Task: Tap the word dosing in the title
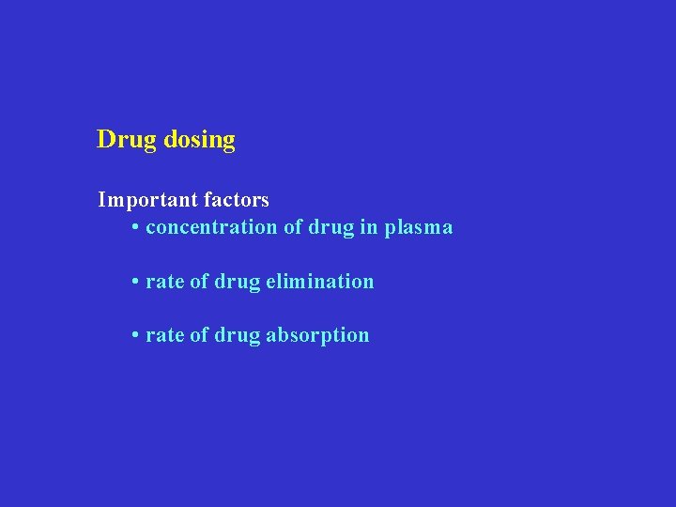coord(199,141)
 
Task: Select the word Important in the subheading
coord(144,200)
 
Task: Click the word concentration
coord(211,227)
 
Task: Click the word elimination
coord(319,282)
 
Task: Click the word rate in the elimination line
coord(165,282)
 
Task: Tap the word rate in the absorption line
coord(165,335)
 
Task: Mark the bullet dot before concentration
coord(136,228)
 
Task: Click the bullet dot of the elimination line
coord(136,282)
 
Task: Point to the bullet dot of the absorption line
coord(136,335)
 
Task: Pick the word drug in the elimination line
coord(237,282)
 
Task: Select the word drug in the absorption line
coord(237,336)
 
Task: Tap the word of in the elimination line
coord(199,282)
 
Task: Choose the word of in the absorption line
coord(199,335)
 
